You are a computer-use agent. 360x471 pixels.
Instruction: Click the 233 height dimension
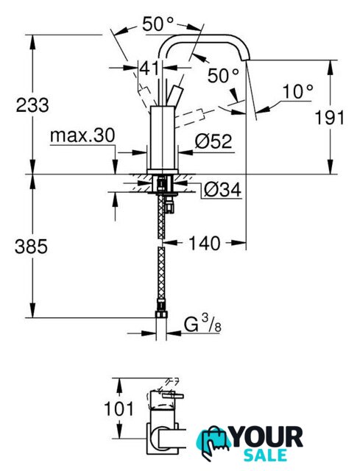(x=32, y=105)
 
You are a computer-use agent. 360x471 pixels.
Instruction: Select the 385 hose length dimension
(x=31, y=247)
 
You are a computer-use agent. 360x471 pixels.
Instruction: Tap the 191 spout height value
(x=330, y=118)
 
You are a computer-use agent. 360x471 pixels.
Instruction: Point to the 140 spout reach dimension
(x=205, y=243)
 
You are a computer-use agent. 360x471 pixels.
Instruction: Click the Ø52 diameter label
(x=213, y=141)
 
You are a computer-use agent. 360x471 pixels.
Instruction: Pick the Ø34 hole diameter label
(x=222, y=190)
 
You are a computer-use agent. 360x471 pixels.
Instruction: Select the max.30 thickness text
(x=82, y=135)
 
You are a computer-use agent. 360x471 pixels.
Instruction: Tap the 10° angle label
(x=297, y=91)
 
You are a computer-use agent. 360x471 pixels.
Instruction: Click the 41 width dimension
(x=149, y=68)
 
